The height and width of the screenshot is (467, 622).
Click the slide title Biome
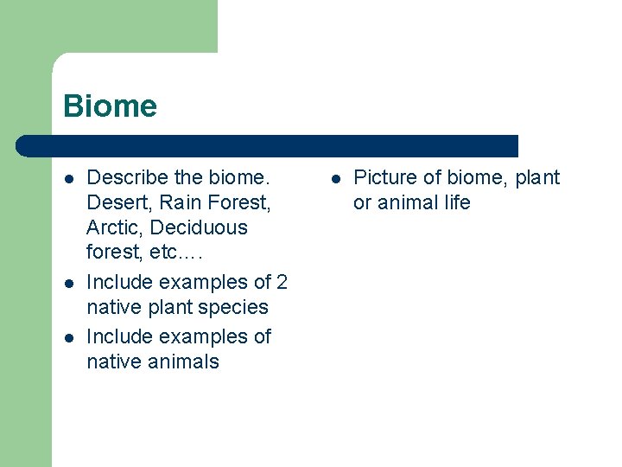[x=110, y=106]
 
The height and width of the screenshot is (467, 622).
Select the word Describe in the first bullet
[x=128, y=178]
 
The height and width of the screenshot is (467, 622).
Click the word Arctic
[x=114, y=228]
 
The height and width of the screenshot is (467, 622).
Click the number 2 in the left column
[x=282, y=282]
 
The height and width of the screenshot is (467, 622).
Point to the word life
[x=454, y=203]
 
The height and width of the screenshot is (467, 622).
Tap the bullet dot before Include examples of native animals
[x=68, y=337]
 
